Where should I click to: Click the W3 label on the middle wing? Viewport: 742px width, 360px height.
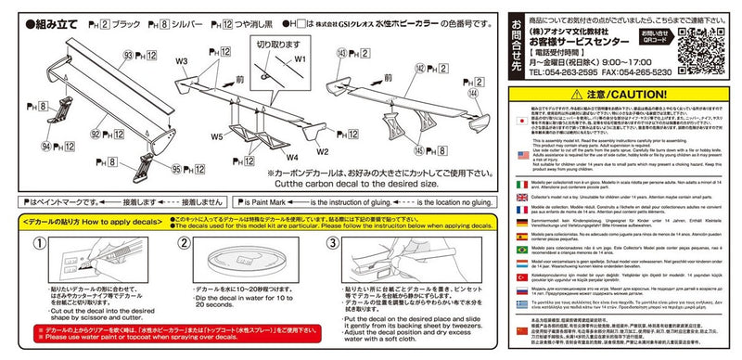point(182,63)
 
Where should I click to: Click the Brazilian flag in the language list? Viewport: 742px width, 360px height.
point(522,251)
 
